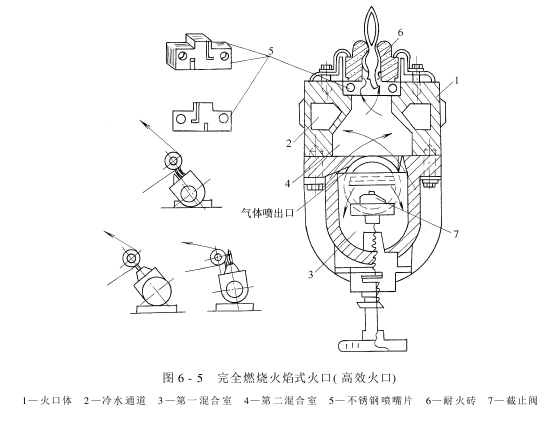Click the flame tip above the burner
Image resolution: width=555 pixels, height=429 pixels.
click(372, 7)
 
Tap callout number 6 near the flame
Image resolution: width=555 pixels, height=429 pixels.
click(400, 32)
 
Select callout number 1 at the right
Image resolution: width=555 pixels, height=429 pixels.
click(457, 81)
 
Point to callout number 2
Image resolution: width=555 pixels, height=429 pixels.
click(289, 143)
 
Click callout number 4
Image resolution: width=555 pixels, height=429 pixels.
click(288, 184)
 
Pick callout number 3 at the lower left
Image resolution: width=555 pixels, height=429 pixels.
click(310, 274)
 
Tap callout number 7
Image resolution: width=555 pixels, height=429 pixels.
click(456, 234)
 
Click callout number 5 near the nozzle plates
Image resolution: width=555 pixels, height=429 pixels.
click(271, 51)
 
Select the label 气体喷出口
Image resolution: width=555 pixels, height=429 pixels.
click(267, 213)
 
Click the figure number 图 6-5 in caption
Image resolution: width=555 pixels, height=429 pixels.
click(183, 378)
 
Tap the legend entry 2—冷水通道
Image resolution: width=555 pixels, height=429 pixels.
click(115, 401)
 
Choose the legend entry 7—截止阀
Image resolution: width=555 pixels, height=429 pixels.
click(513, 401)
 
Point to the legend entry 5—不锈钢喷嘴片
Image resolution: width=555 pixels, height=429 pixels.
click(371, 401)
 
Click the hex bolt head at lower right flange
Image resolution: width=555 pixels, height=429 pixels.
click(430, 184)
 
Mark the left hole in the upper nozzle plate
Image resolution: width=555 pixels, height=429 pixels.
click(183, 56)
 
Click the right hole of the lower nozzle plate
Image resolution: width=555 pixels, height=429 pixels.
click(223, 118)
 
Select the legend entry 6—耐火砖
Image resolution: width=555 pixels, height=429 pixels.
click(451, 401)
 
